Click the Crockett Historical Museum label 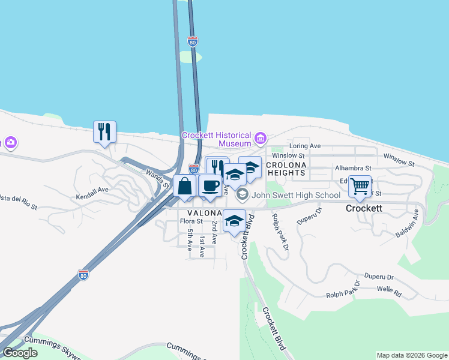point(217,139)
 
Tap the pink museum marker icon point(260,139)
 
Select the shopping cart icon point(360,186)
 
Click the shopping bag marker point(185,186)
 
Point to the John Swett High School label point(296,195)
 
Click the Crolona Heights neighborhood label point(286,169)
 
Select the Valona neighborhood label point(205,213)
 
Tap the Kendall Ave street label point(92,189)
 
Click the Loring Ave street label point(306,146)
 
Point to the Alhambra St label point(354,169)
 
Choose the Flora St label point(191,221)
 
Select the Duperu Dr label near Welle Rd point(378,277)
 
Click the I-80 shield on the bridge point(192,42)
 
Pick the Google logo point(20,353)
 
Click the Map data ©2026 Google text point(412,355)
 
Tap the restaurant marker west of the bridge point(104,131)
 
